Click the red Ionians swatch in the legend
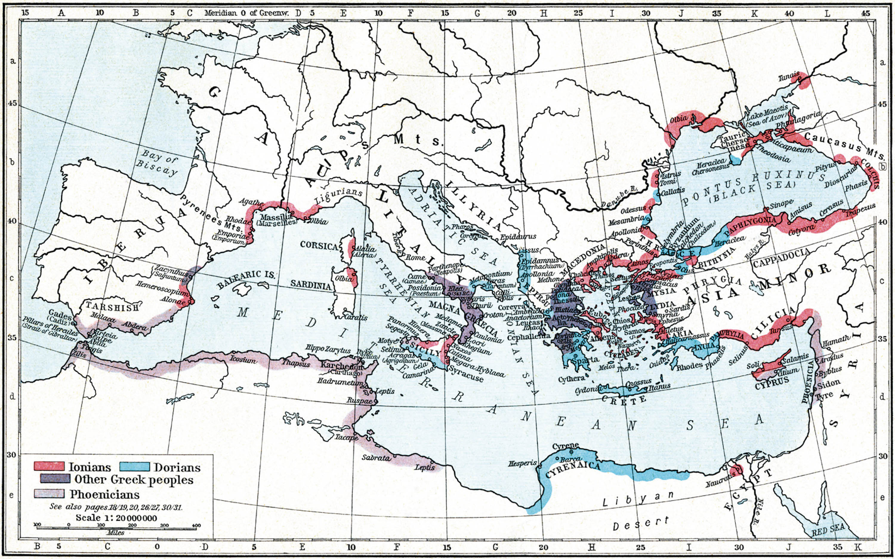(49, 466)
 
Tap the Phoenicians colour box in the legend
(49, 494)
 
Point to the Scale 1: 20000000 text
(116, 518)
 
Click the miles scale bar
(117, 528)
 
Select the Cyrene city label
(565, 446)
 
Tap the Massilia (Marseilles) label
(277, 220)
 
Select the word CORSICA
(319, 246)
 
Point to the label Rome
(415, 257)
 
